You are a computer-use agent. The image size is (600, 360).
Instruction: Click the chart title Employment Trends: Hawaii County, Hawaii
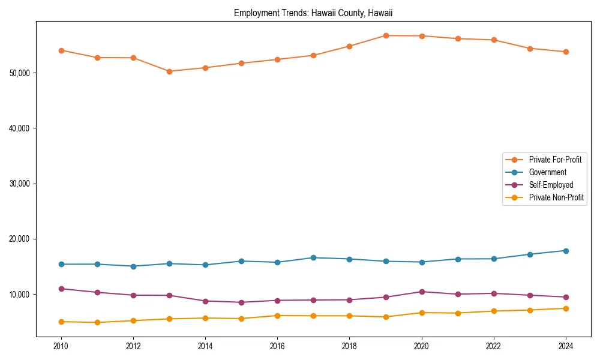point(313,13)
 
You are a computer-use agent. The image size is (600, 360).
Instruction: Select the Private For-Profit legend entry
point(554,160)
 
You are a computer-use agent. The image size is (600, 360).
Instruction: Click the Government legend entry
point(547,172)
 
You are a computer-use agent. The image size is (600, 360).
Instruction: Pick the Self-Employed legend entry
point(551,185)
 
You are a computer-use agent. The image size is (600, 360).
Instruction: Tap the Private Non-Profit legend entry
point(556,197)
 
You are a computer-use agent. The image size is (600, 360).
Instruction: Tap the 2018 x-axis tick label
point(349,346)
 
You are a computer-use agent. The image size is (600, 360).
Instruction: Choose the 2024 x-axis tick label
point(566,346)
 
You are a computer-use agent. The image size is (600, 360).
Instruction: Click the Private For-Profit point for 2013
point(169,71)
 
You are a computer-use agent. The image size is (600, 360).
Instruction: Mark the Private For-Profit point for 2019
point(386,35)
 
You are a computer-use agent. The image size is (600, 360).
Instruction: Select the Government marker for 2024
point(566,251)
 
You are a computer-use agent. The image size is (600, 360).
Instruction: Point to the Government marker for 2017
point(313,257)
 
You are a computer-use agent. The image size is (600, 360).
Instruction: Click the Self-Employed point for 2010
point(61,289)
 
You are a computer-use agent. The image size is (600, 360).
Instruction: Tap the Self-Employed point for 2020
point(422,292)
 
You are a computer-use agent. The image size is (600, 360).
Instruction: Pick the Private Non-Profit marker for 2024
point(566,308)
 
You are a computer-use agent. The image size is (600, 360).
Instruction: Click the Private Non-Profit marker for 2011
point(97,322)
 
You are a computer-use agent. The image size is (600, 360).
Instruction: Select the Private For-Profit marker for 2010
point(61,50)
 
